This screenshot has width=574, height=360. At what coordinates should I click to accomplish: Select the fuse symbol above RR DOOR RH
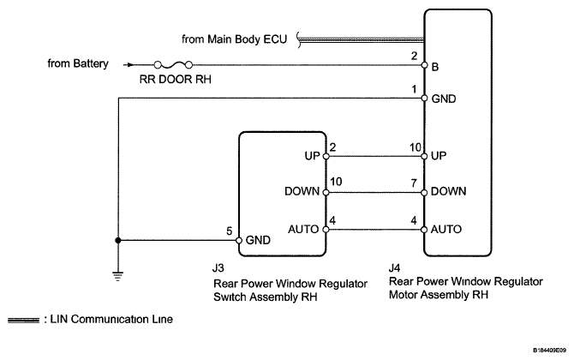coord(171,64)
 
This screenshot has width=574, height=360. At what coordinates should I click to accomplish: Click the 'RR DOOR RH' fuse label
coord(171,80)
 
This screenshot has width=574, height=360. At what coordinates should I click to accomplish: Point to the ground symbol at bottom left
coord(119,275)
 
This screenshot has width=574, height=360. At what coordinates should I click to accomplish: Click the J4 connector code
coord(395,267)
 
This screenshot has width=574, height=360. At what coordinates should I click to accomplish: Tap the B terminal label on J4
coord(437,64)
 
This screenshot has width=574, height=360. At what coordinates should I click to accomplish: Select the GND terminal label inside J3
coord(258,241)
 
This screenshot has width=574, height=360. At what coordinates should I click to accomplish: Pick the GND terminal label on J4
coord(444,99)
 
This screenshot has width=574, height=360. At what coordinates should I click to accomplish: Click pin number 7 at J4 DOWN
coord(416,183)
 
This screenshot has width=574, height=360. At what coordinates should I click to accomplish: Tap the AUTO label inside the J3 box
coord(304,230)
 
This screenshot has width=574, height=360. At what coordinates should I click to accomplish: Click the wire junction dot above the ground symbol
coord(119,241)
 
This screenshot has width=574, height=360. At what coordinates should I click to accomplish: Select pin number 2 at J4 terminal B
coord(416,55)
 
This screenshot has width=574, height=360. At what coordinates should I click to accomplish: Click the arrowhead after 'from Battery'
coord(129,64)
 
